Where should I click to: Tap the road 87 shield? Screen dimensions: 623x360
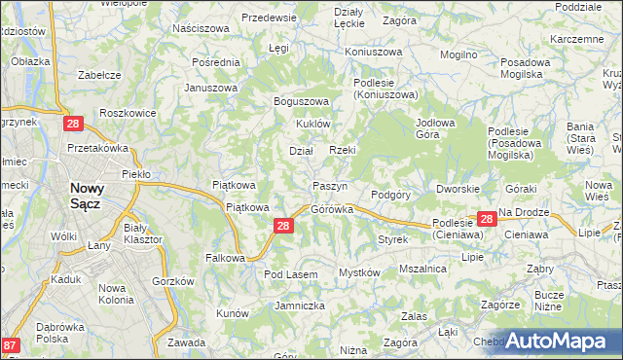(x=11, y=345)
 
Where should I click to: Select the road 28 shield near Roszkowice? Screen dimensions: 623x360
(x=73, y=124)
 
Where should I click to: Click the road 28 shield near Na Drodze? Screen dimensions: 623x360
(x=487, y=221)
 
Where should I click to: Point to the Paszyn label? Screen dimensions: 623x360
(x=331, y=186)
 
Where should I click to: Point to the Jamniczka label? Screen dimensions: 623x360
(x=299, y=306)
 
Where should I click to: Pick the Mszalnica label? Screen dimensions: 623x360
(x=422, y=268)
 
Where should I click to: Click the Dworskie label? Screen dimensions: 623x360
(x=457, y=189)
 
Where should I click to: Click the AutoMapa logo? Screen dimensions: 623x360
(x=556, y=341)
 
